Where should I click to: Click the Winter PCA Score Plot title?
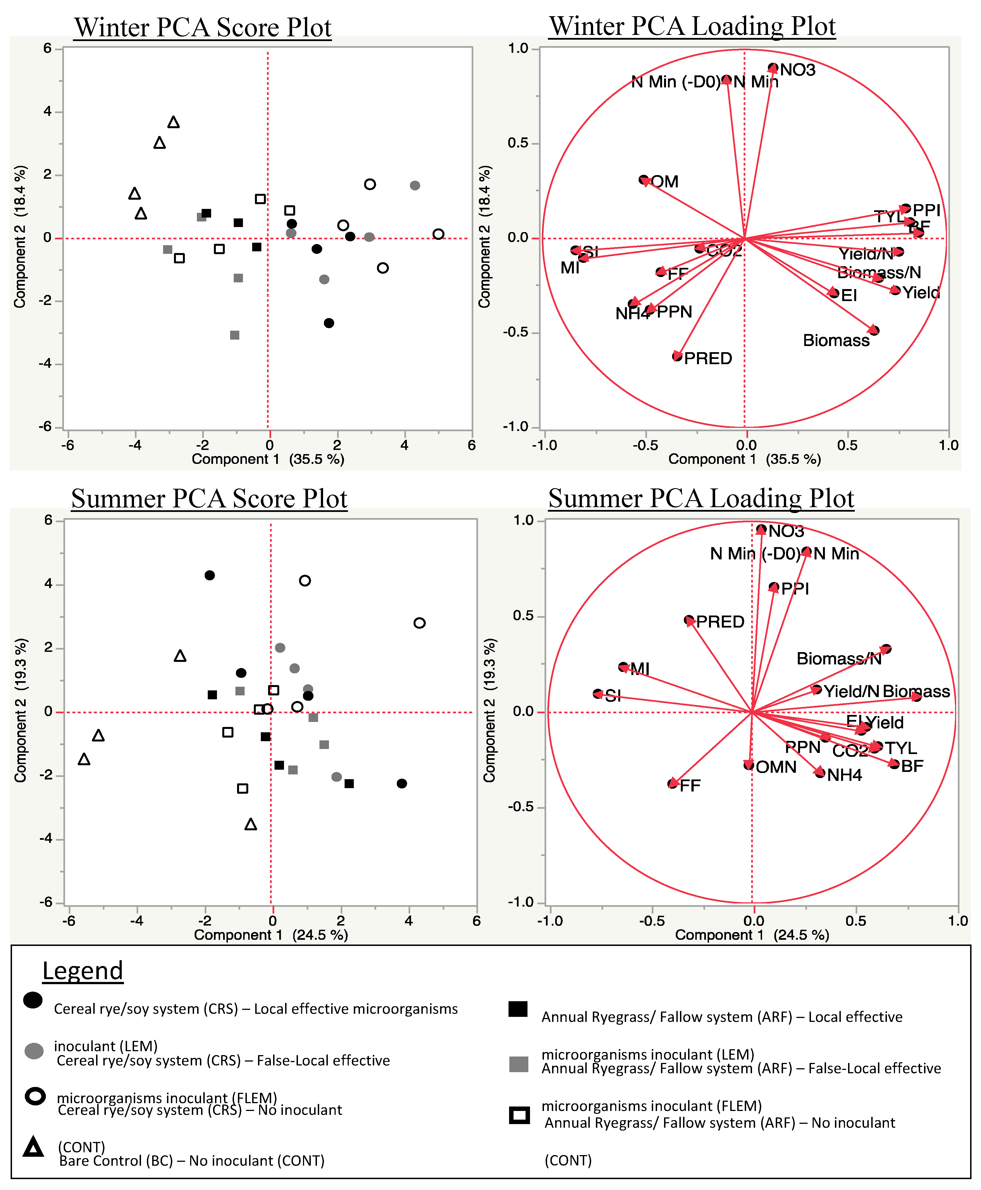[202, 27]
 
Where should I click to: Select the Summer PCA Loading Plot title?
[701, 499]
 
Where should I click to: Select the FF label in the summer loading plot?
[690, 785]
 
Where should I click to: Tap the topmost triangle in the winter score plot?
[173, 122]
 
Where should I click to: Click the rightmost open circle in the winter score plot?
[438, 234]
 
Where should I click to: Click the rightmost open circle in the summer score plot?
[419, 623]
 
